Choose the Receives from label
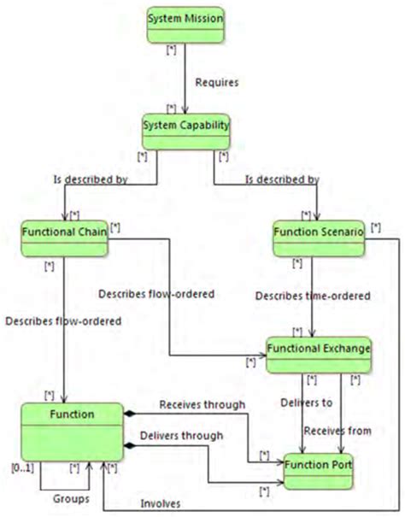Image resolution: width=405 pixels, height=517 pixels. pyautogui.click(x=337, y=431)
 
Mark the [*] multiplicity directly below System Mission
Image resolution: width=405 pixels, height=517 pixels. pyautogui.click(x=171, y=50)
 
